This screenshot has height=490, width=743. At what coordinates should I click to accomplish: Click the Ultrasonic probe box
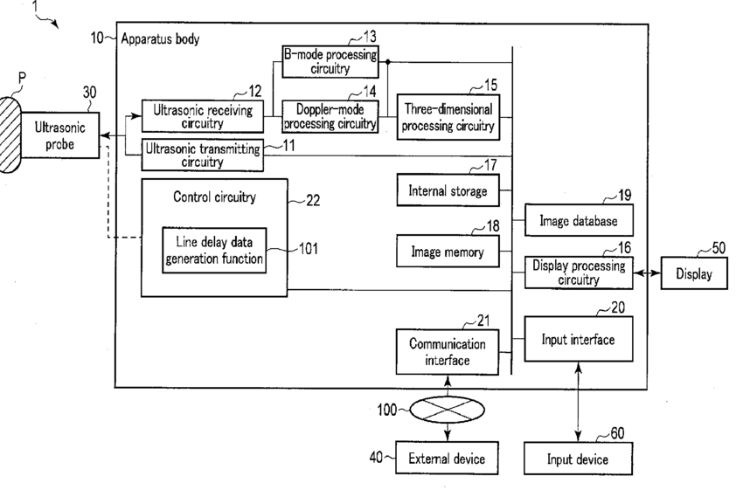[59, 136]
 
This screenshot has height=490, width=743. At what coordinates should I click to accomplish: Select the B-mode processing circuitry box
[330, 61]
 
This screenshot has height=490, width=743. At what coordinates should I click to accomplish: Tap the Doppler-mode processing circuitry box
[330, 116]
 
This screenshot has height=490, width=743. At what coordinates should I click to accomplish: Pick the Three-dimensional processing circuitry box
[448, 117]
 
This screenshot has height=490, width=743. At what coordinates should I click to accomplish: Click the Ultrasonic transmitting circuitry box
[202, 155]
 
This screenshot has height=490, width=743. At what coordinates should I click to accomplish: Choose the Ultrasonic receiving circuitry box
[202, 116]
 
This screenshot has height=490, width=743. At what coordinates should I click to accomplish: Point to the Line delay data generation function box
[214, 250]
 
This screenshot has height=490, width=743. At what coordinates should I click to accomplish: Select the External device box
[448, 458]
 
